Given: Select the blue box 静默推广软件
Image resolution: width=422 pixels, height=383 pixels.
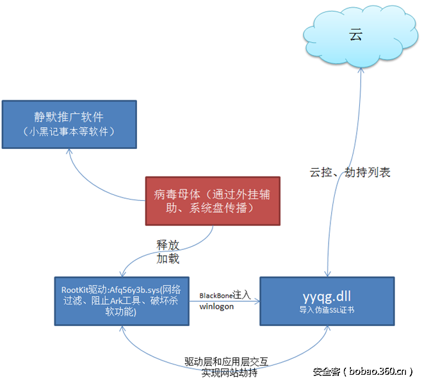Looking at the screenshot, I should [69, 123].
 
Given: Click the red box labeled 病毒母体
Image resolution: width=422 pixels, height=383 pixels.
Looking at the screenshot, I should [212, 201].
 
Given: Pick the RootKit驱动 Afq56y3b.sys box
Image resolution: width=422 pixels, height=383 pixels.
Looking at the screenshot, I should [122, 300].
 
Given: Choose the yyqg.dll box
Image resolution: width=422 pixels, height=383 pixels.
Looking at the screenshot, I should [326, 300].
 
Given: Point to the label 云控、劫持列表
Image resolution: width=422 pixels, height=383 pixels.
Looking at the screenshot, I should [350, 172].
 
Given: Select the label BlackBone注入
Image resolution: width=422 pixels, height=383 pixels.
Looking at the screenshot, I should [223, 295].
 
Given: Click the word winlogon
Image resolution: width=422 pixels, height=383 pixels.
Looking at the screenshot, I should [216, 306].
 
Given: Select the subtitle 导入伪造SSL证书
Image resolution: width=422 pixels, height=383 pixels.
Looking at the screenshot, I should [326, 309].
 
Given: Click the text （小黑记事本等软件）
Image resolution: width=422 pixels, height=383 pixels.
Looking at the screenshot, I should [69, 132].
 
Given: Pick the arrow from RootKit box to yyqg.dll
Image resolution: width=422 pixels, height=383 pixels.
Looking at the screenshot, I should [224, 301].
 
